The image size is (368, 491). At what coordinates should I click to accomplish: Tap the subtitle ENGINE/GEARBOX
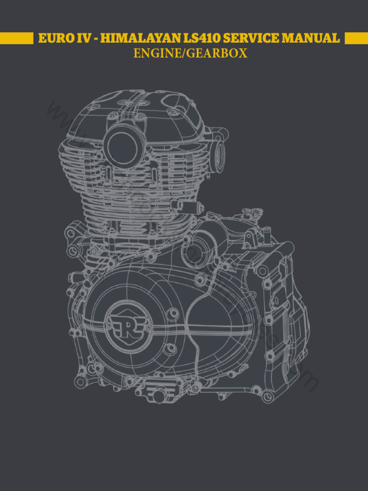tap(190, 53)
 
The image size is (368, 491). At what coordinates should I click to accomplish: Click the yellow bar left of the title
tap(16, 38)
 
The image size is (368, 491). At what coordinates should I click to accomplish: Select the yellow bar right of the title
tap(356, 38)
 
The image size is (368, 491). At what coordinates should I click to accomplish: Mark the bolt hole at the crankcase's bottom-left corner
tap(80, 382)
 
